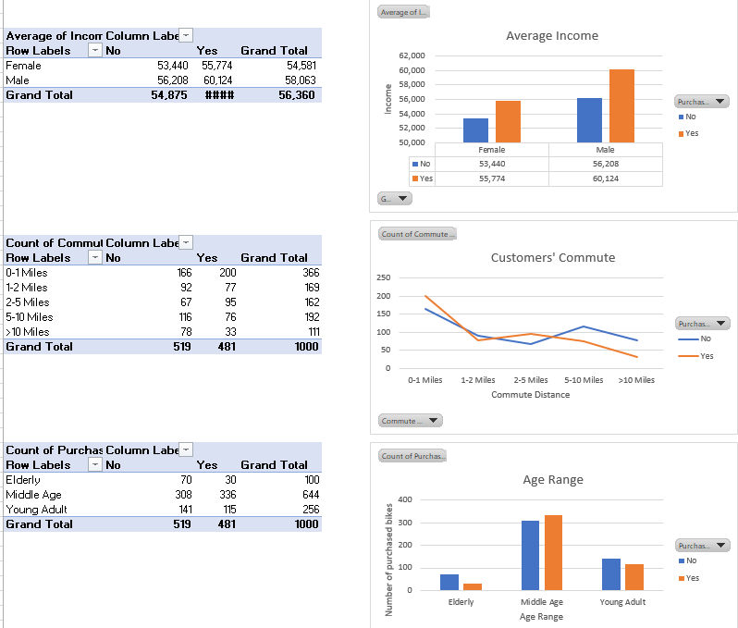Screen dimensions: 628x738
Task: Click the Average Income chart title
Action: click(x=551, y=36)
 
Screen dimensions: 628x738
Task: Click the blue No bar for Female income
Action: click(x=475, y=130)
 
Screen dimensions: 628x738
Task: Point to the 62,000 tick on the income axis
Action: click(x=412, y=55)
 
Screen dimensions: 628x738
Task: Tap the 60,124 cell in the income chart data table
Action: click(x=605, y=179)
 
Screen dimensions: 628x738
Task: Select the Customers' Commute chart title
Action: click(x=552, y=258)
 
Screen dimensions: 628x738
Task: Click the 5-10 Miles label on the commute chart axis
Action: click(x=584, y=380)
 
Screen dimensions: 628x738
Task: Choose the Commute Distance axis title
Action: click(x=530, y=395)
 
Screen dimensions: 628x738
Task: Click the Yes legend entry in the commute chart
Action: click(x=706, y=356)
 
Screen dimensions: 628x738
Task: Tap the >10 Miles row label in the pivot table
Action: click(x=28, y=332)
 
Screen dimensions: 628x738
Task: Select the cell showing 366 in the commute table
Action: click(x=310, y=273)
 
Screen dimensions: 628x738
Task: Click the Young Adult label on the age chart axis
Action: click(x=622, y=602)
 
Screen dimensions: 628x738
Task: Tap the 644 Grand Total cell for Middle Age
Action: click(x=310, y=495)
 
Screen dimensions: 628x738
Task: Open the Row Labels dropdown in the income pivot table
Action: click(x=94, y=51)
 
